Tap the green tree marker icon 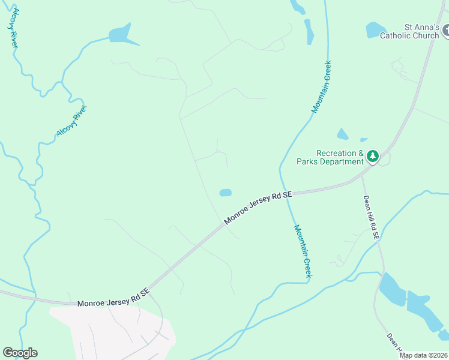pos(373,157)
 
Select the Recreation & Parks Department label pos(330,157)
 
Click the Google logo pos(20,353)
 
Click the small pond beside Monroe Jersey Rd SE pos(225,193)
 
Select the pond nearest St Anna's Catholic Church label pos(375,29)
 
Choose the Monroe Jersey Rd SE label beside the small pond pos(258,208)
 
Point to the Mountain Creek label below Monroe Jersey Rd pos(303,250)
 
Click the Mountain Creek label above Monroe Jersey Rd pos(321,86)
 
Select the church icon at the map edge pos(445,31)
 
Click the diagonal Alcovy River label pos(71,121)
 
